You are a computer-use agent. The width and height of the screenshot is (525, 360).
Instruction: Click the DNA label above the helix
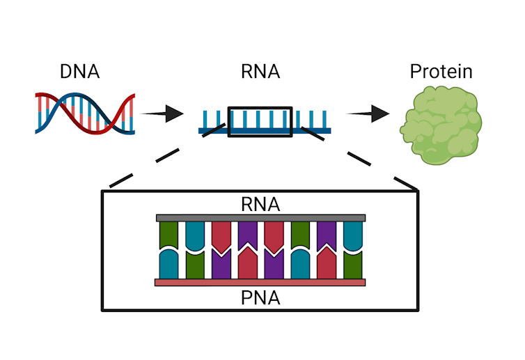click(79, 71)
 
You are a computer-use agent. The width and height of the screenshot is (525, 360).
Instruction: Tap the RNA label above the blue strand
click(260, 71)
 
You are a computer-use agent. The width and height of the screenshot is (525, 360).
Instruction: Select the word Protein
click(441, 71)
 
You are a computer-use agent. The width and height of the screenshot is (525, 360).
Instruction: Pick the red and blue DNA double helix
click(84, 112)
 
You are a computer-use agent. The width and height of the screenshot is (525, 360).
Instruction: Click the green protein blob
click(441, 125)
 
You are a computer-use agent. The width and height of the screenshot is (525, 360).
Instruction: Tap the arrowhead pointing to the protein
click(379, 113)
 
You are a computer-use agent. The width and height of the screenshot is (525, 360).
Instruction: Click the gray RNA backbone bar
click(260, 218)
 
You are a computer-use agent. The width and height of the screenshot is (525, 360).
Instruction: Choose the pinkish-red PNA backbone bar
click(260, 282)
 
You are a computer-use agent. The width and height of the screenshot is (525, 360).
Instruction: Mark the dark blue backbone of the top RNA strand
click(265, 130)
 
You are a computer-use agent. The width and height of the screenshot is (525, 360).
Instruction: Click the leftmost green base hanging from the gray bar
click(169, 235)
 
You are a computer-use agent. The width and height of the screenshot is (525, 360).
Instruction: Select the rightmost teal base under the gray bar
click(353, 237)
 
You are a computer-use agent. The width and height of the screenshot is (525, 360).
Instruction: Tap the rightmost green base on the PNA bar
click(353, 265)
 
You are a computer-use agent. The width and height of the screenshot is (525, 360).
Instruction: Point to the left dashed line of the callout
click(164, 156)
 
